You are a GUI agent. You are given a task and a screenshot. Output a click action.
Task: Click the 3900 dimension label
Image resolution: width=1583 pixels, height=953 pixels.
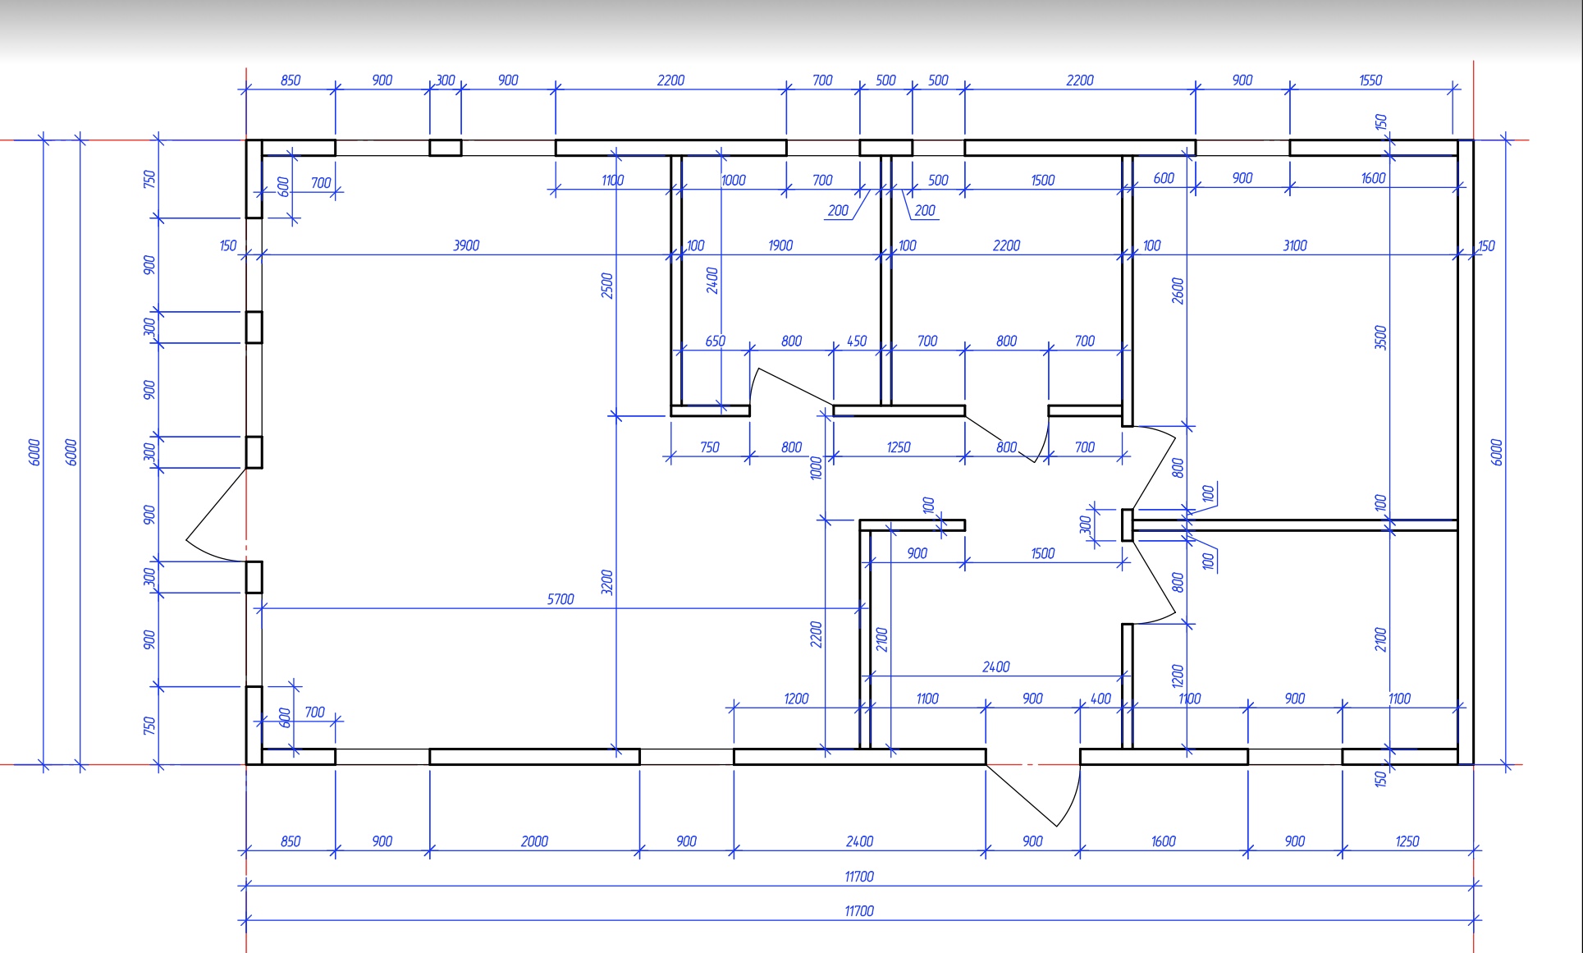[466, 245]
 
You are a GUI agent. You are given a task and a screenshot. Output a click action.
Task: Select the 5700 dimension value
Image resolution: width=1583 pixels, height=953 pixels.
[560, 599]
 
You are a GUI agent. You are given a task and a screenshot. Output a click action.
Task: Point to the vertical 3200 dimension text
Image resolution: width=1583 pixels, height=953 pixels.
[607, 583]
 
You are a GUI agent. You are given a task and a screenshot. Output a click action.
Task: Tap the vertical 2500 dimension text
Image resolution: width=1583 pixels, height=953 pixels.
[607, 286]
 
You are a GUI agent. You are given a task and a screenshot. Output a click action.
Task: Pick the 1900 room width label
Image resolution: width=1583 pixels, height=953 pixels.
[780, 245]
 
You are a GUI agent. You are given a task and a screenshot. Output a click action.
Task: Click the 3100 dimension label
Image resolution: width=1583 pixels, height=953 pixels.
[1295, 245]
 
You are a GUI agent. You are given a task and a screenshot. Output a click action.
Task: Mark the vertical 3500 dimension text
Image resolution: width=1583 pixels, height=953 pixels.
[1380, 337]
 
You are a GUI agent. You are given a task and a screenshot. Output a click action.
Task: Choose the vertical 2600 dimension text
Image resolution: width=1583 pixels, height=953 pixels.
[1178, 291]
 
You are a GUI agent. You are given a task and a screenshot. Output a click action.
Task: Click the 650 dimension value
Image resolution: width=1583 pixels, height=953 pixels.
[715, 341]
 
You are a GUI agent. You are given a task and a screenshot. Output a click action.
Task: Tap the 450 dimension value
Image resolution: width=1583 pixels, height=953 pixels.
[857, 341]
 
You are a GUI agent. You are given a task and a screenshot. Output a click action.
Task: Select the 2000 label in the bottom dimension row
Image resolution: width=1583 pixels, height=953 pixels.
[534, 841]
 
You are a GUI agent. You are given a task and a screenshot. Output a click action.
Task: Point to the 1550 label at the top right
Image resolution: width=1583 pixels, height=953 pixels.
[1370, 80]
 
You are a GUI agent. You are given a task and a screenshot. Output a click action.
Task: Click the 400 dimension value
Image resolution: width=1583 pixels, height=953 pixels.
[1100, 699]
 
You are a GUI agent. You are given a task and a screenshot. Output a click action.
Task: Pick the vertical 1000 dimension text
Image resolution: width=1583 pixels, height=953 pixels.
[816, 468]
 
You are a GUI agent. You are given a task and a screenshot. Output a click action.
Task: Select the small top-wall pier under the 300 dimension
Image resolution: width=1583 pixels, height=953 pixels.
[445, 148]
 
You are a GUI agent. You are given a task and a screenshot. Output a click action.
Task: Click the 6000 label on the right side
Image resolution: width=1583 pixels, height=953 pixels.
[1496, 452]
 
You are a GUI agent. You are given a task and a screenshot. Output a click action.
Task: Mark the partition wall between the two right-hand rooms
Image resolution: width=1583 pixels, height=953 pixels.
[1295, 525]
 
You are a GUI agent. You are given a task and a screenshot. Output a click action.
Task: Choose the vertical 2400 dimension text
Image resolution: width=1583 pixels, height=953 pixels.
[712, 280]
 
